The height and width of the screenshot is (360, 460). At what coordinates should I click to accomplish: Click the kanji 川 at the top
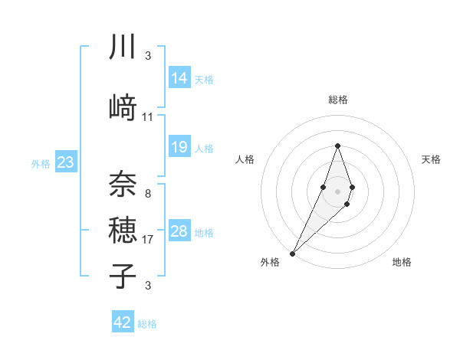[x=123, y=47]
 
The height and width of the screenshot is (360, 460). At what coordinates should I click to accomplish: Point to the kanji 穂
[x=123, y=231]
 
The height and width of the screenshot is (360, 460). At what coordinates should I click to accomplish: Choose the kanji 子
[x=123, y=277]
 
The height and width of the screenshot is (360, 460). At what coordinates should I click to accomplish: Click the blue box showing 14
[x=179, y=78]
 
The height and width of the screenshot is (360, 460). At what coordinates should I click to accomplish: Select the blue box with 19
[x=179, y=147]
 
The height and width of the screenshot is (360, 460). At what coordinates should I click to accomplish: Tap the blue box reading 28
[x=179, y=231]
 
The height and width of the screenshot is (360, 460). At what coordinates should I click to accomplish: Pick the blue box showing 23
[x=65, y=162]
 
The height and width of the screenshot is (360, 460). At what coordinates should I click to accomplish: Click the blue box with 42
[x=123, y=322]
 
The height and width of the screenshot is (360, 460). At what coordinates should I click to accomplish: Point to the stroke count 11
[x=148, y=117]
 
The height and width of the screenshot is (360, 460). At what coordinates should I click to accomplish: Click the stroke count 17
[x=148, y=240]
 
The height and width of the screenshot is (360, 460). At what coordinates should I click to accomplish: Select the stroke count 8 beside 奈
[x=148, y=194]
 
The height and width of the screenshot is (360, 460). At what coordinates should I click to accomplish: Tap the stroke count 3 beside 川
[x=148, y=56]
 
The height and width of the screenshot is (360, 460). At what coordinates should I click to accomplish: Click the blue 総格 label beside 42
[x=147, y=324]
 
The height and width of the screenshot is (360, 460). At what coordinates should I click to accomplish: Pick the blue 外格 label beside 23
[x=41, y=163]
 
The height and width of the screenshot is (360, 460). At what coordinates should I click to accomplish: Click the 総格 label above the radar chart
[x=337, y=100]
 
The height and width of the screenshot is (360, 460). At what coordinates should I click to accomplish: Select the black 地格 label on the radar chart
[x=402, y=262]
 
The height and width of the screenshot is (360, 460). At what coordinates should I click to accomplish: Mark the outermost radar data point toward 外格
[x=293, y=253]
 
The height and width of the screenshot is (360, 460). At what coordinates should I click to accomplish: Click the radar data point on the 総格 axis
[x=337, y=146]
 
